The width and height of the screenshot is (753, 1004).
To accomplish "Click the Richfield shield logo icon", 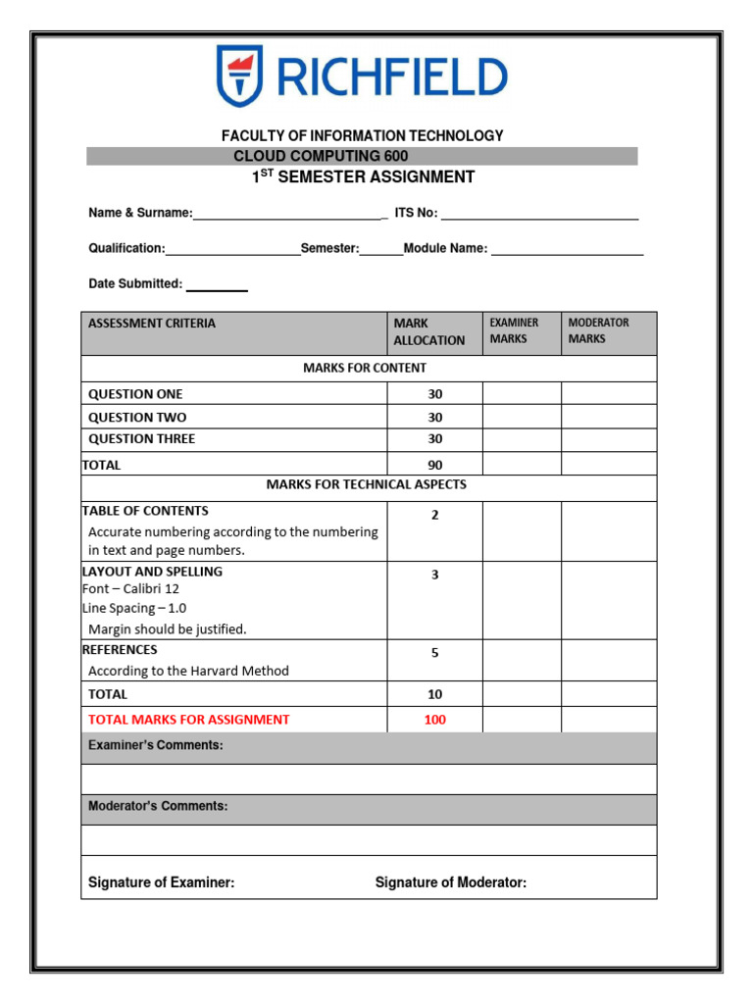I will pyautogui.click(x=238, y=75).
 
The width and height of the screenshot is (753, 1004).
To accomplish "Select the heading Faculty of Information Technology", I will pyautogui.click(x=362, y=136).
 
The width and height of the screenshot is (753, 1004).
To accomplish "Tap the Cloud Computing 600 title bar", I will pyautogui.click(x=362, y=157).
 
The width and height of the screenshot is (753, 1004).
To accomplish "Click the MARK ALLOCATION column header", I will pyautogui.click(x=428, y=331).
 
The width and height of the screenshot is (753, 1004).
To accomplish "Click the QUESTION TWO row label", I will pyautogui.click(x=137, y=417).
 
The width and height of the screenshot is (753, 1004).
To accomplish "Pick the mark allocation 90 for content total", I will pyautogui.click(x=435, y=465).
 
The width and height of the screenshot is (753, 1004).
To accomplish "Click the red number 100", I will pyautogui.click(x=435, y=720).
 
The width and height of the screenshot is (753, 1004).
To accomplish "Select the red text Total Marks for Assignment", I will pyautogui.click(x=189, y=720).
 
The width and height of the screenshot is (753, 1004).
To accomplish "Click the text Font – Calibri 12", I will pyautogui.click(x=130, y=589).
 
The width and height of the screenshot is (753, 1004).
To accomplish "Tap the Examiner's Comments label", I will pyautogui.click(x=156, y=746).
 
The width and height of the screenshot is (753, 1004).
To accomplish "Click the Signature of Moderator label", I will pyautogui.click(x=450, y=882).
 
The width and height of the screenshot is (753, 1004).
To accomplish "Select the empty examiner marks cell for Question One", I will pyautogui.click(x=522, y=394).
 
